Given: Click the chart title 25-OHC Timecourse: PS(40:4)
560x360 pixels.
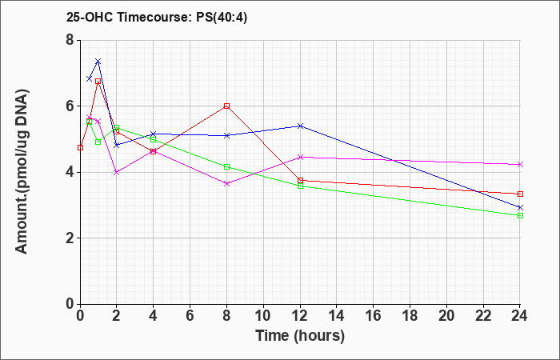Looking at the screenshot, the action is click(x=157, y=17).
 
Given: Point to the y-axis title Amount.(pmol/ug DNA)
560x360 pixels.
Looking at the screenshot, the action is click(x=22, y=172).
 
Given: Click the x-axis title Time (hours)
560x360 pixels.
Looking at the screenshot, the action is click(x=300, y=336).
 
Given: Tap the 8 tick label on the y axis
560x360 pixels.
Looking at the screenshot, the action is click(x=70, y=40).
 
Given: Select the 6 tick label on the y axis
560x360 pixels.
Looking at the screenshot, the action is click(x=70, y=106).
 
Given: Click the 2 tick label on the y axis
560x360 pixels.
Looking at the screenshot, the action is click(x=70, y=238).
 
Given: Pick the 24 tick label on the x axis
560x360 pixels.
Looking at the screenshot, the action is click(x=519, y=316).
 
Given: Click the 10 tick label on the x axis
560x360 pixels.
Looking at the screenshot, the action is click(x=263, y=316).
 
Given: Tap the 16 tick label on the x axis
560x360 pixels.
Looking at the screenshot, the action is click(x=373, y=316).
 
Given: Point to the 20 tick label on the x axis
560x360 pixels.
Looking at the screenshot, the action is click(x=446, y=316).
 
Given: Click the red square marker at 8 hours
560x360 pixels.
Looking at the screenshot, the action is click(x=226, y=106).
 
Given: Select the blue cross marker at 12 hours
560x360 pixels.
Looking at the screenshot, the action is click(x=300, y=126).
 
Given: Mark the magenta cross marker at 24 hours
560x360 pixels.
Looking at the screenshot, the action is click(x=520, y=165).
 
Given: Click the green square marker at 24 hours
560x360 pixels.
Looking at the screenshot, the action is click(x=520, y=216).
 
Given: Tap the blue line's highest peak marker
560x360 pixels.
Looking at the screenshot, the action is click(x=98, y=62).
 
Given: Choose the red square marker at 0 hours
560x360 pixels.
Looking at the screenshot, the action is click(x=80, y=147).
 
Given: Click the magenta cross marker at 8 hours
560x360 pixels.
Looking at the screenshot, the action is click(x=226, y=183).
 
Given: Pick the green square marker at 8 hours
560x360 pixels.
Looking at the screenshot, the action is click(x=226, y=166).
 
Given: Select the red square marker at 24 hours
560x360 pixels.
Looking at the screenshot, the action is click(x=520, y=194).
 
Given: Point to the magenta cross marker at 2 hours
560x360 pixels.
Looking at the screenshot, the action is click(x=117, y=172).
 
